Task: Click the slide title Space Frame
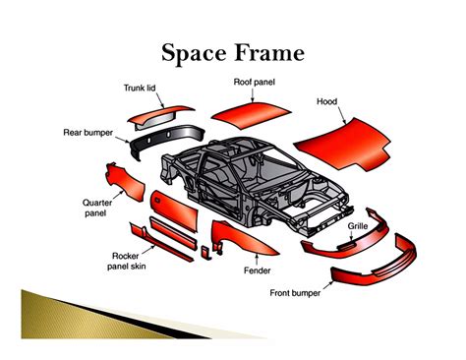[232, 51]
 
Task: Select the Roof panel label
[254, 81]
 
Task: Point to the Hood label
[327, 101]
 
